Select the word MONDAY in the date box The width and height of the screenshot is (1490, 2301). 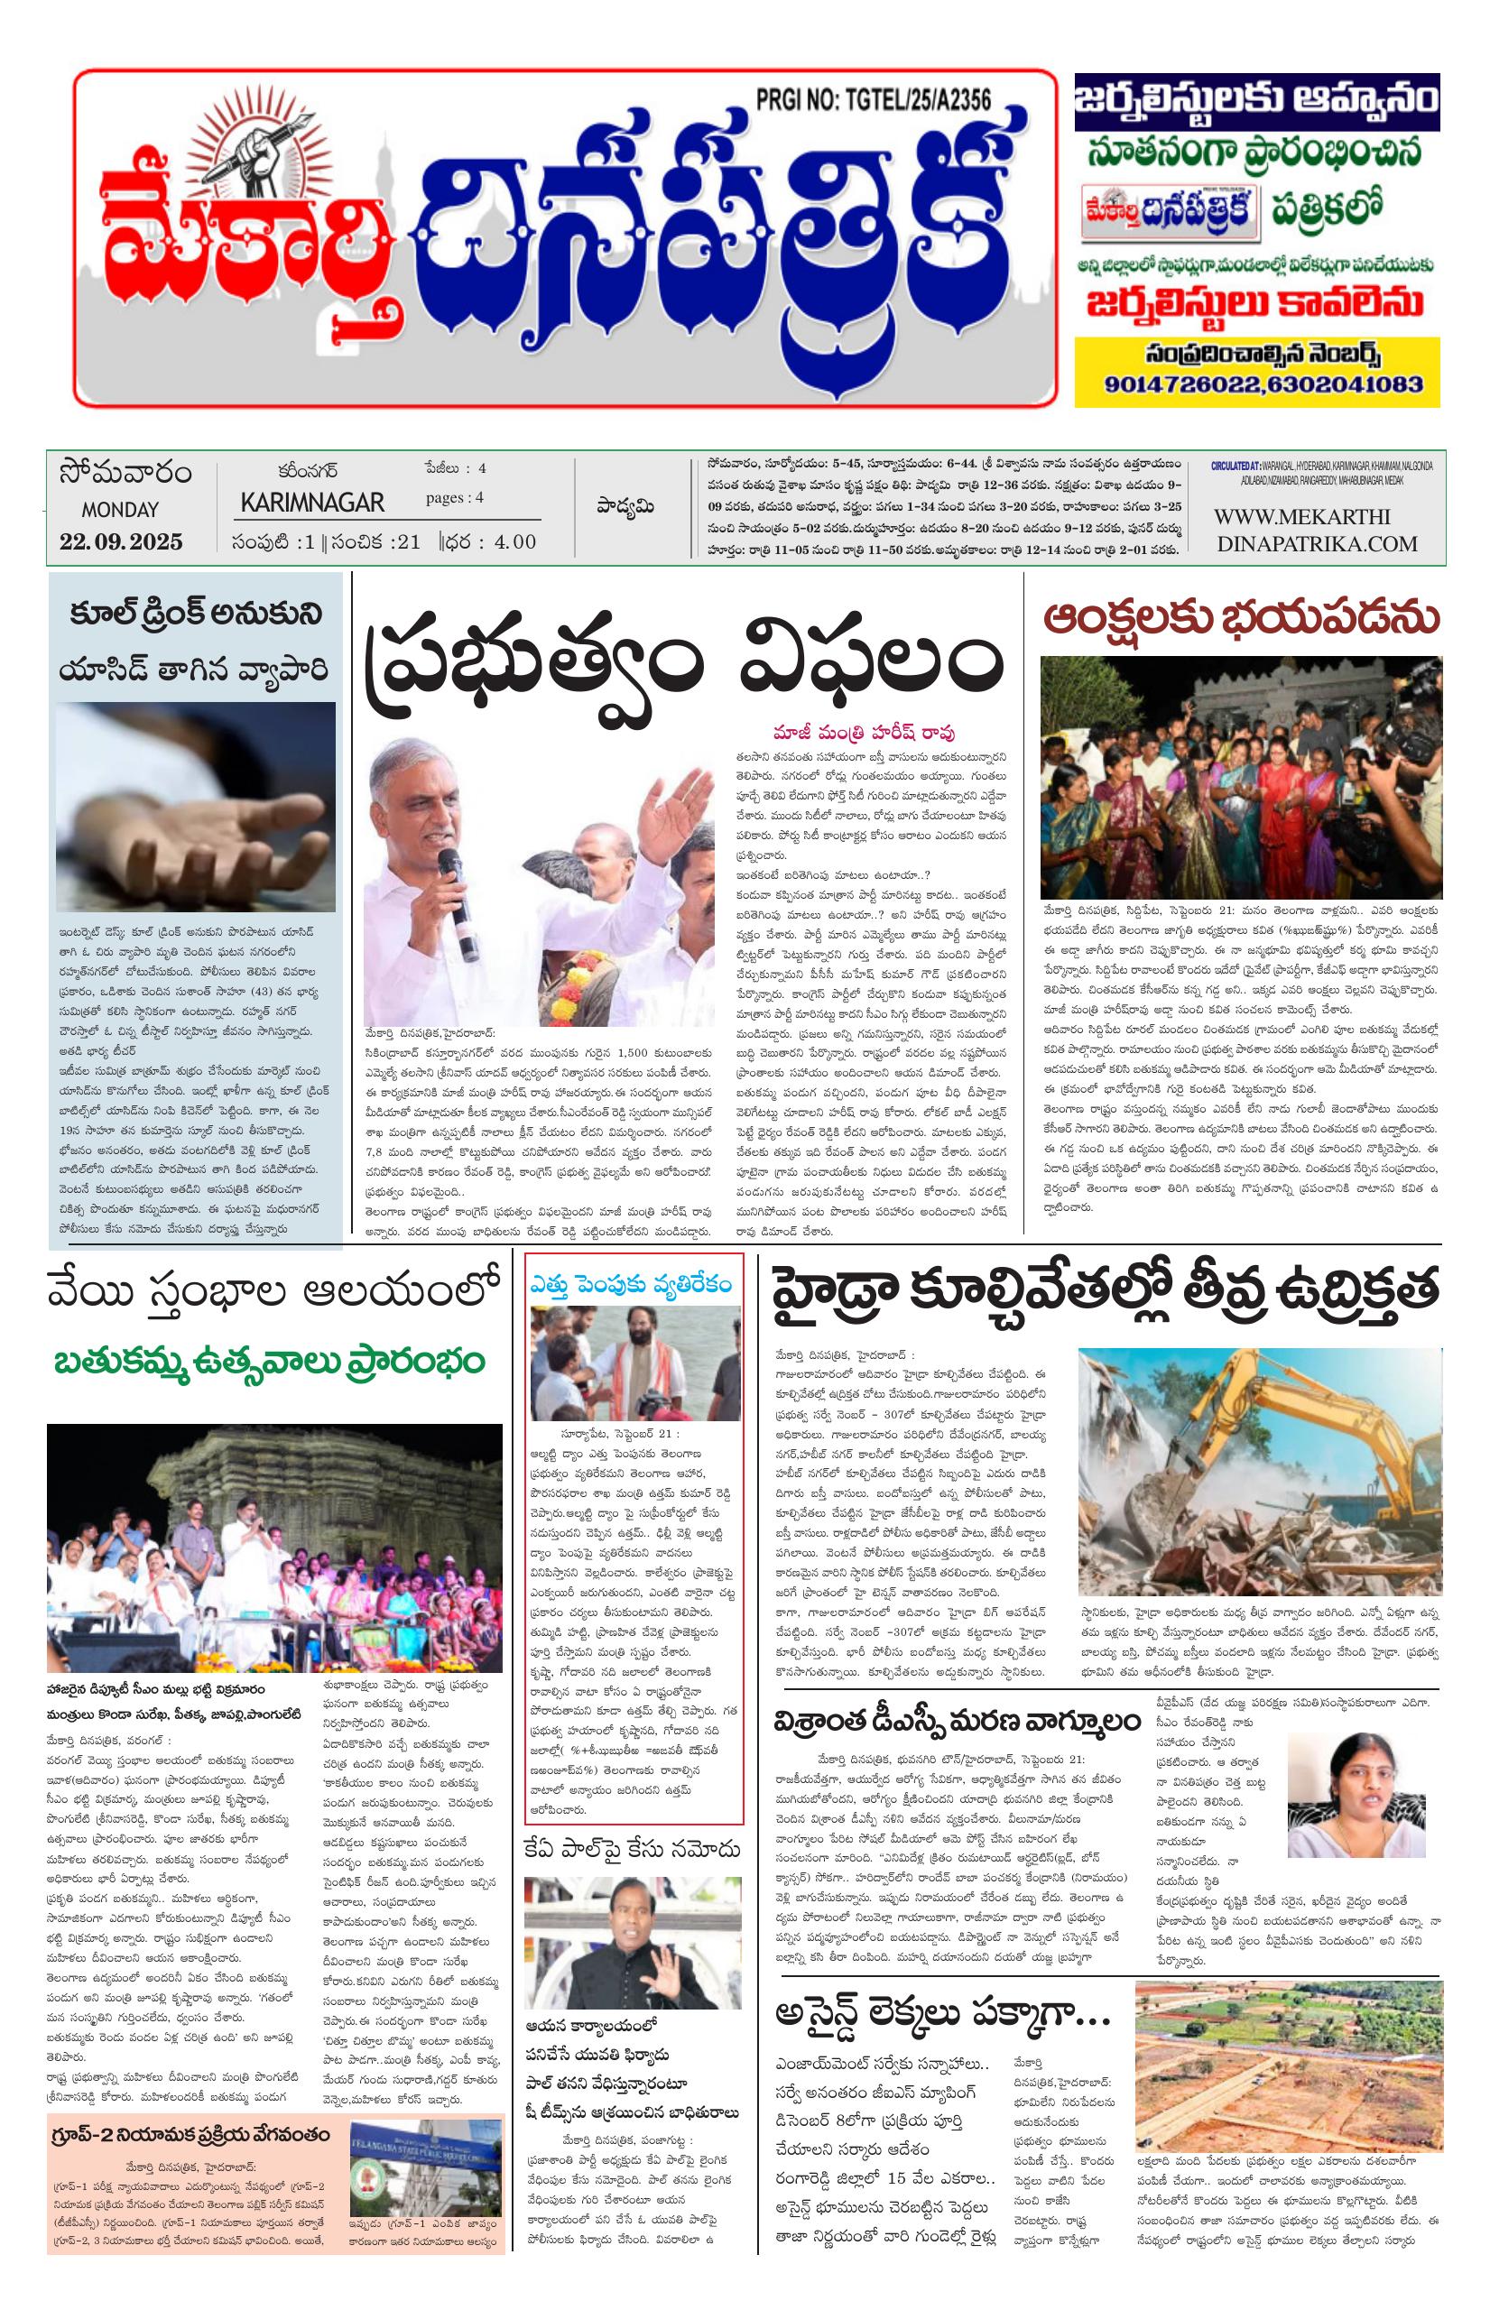click(x=120, y=510)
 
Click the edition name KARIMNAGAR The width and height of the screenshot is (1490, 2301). click(x=311, y=503)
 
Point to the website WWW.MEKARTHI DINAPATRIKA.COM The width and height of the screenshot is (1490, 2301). click(x=1315, y=530)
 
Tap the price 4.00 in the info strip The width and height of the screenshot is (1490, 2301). click(x=514, y=541)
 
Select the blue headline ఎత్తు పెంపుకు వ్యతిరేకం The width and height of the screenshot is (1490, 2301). click(x=633, y=1284)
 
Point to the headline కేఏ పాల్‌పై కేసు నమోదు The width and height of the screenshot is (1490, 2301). click(x=633, y=1849)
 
